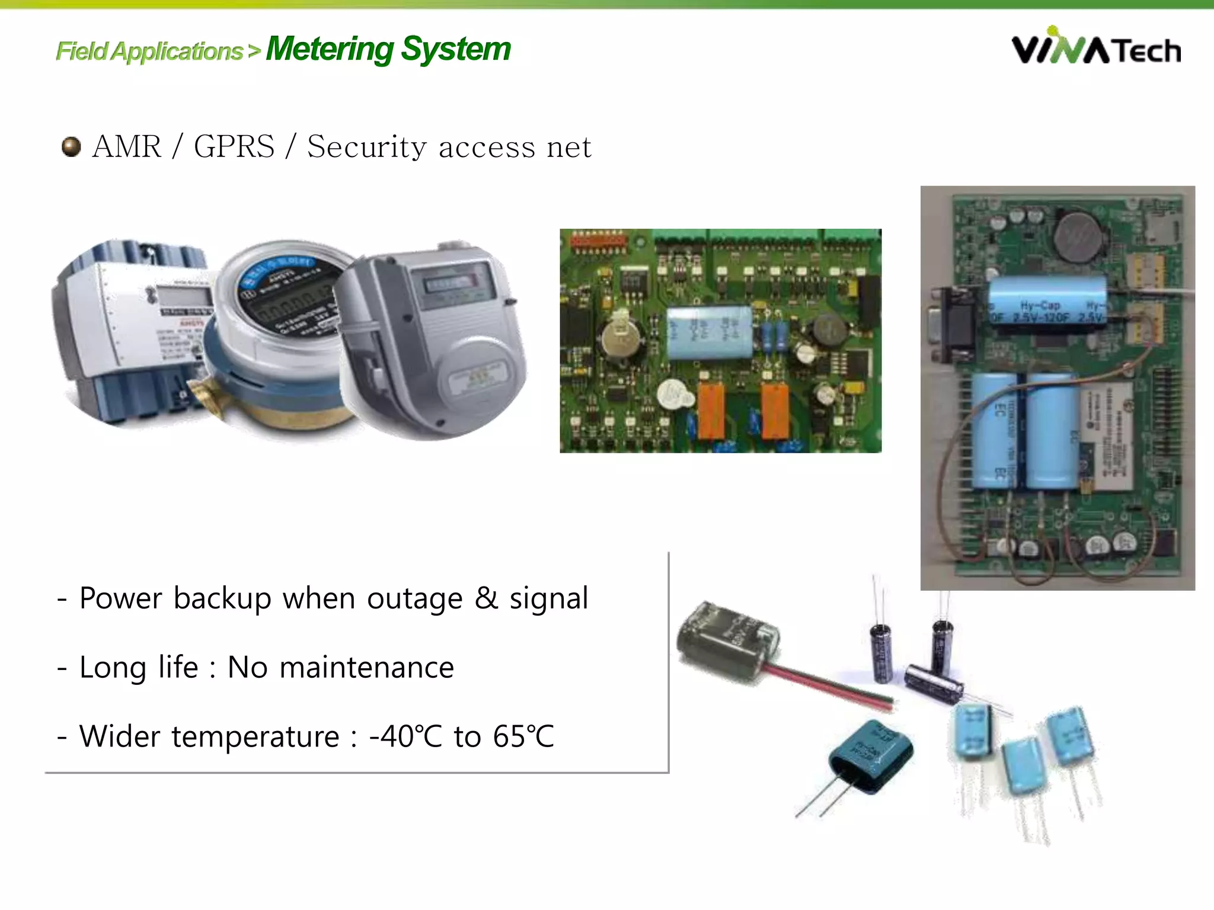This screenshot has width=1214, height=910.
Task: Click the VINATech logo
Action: pyautogui.click(x=1095, y=47)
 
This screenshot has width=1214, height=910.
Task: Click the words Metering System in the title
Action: pyautogui.click(x=388, y=49)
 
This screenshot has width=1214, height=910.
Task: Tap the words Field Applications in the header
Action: pyautogui.click(x=149, y=52)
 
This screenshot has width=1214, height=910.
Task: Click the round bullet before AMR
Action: pyautogui.click(x=71, y=147)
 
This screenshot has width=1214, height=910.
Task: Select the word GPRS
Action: pyautogui.click(x=234, y=146)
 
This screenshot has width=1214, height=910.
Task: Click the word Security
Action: pyautogui.click(x=366, y=147)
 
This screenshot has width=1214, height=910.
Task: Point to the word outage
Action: pyautogui.click(x=414, y=598)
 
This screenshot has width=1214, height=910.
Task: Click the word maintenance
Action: pyautogui.click(x=366, y=668)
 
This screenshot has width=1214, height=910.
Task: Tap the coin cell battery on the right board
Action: pyautogui.click(x=1079, y=238)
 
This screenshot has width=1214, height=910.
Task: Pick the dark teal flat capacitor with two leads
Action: pyautogui.click(x=871, y=755)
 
